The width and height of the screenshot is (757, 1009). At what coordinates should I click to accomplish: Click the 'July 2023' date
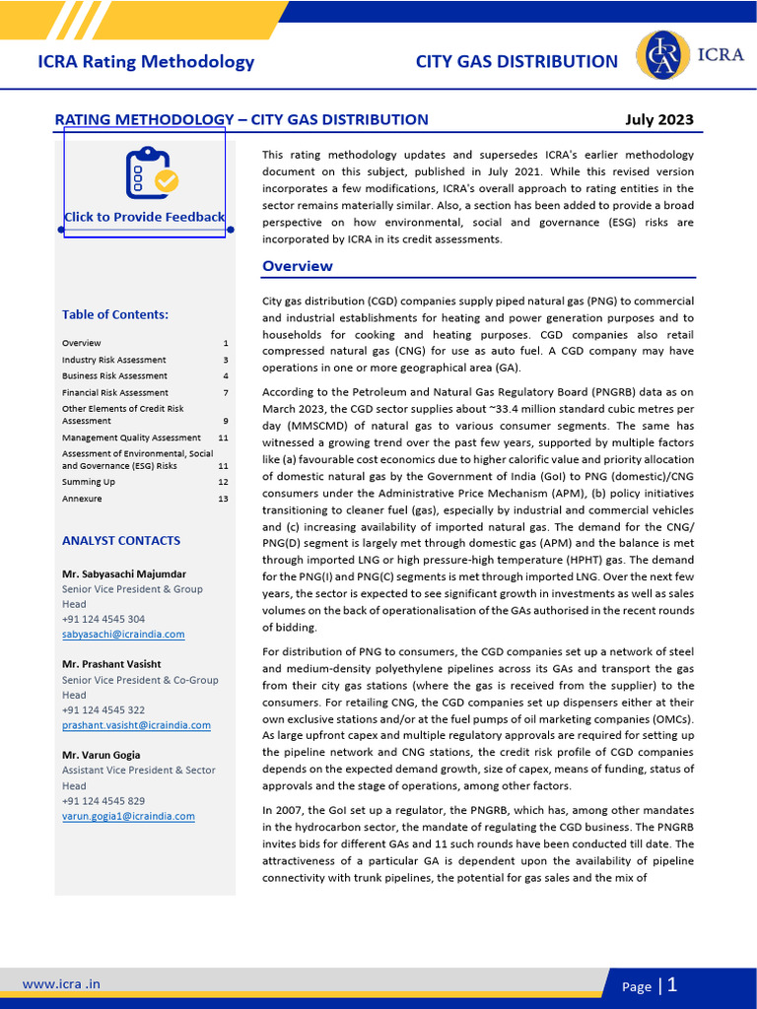tap(659, 120)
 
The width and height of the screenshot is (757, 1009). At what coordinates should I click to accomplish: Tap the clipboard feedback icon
tap(151, 172)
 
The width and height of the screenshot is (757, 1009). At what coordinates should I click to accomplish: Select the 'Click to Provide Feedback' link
tap(144, 217)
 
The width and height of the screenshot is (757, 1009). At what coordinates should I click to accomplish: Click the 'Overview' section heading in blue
tap(297, 266)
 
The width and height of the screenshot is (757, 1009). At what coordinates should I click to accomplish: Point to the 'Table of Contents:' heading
tap(115, 314)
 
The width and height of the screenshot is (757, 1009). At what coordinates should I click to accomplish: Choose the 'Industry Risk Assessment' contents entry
tap(113, 360)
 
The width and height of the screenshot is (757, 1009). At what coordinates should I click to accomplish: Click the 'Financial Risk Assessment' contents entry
tap(114, 392)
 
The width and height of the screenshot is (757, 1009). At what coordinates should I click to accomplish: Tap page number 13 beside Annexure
tap(223, 499)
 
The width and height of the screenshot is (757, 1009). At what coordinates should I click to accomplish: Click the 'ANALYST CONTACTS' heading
tap(121, 541)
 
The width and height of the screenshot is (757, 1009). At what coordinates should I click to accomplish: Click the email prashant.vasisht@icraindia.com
tap(136, 725)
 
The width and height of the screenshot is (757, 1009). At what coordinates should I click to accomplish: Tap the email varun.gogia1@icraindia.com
tap(128, 816)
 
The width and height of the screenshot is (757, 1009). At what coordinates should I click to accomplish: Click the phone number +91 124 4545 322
tap(103, 710)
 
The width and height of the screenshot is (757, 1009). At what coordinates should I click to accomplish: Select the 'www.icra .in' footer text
tap(61, 983)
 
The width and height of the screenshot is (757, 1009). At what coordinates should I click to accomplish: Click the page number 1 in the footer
tap(672, 984)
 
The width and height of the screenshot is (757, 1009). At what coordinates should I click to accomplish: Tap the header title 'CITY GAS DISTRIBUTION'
tap(516, 61)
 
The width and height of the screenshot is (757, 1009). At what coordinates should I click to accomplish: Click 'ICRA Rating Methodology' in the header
tap(146, 61)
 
